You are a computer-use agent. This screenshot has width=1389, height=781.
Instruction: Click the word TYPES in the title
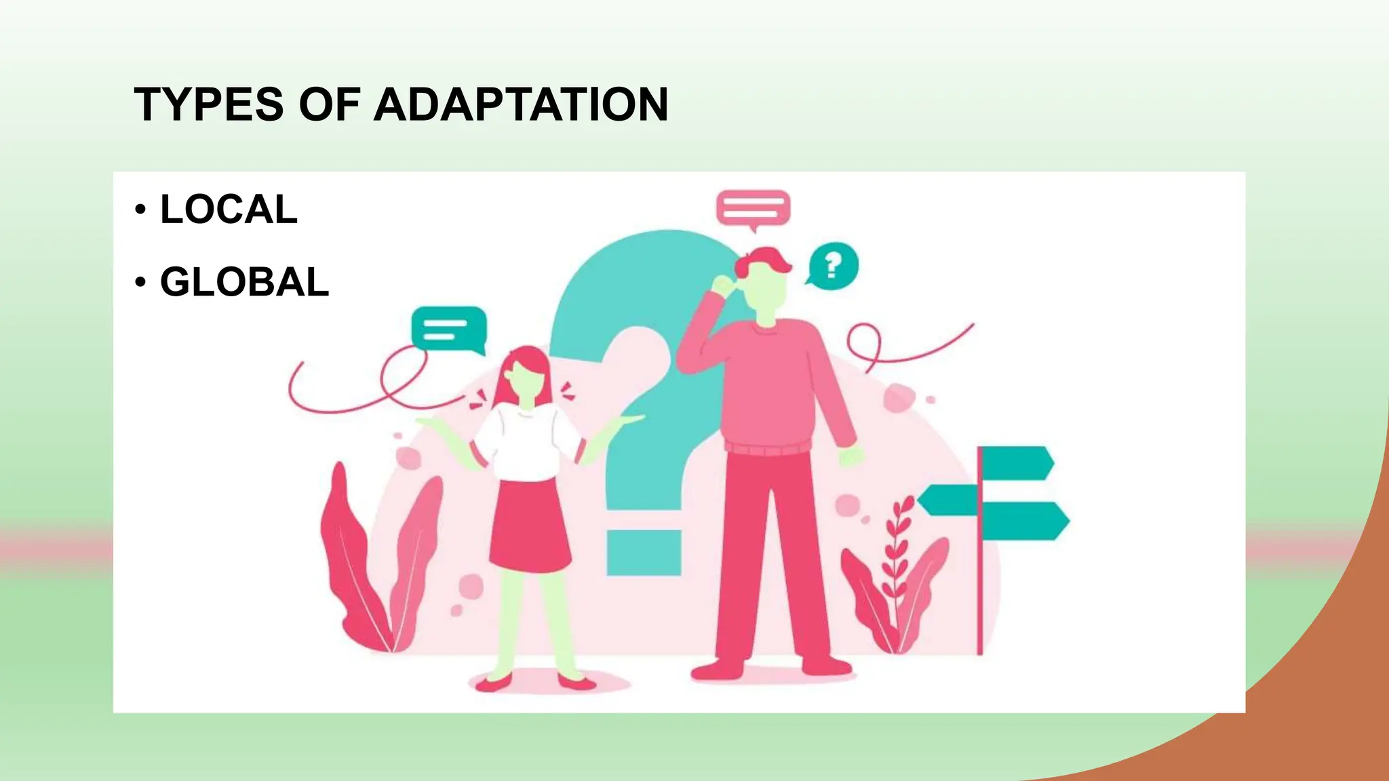(209, 104)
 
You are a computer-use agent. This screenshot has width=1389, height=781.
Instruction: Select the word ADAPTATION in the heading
(521, 104)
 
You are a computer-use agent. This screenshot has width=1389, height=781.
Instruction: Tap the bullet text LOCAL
(229, 209)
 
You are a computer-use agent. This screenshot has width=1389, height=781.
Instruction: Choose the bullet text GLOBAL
(244, 282)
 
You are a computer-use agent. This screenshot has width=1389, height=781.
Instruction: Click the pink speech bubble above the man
(753, 207)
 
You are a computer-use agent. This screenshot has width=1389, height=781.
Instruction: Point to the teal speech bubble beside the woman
(448, 329)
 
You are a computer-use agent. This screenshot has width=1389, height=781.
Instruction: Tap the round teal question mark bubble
(834, 265)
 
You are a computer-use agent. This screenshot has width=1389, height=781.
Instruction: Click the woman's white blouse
(526, 441)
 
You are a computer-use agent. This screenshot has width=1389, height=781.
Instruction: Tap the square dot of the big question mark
(644, 553)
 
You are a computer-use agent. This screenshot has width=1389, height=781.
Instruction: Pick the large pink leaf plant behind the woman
(380, 563)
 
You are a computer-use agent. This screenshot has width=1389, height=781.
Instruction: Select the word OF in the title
(329, 104)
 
